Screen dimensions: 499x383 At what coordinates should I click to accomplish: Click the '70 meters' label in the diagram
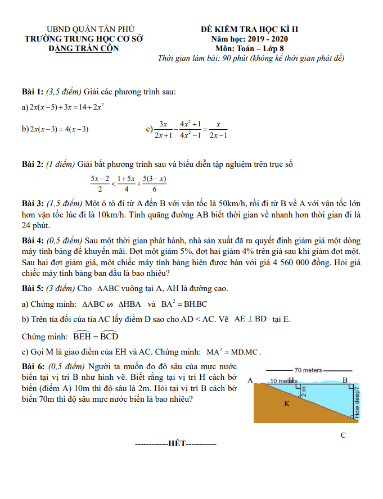[x=308, y=370]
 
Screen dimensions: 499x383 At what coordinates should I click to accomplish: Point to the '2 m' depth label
[x=304, y=391]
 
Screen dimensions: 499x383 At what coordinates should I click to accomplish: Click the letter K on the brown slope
[x=287, y=404]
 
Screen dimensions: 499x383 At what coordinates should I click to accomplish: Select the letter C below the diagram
[x=343, y=435]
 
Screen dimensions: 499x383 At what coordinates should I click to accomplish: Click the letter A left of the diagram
[x=250, y=380]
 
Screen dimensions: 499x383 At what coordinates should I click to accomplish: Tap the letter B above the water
[x=345, y=380]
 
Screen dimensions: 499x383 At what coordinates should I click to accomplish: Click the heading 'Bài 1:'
[x=33, y=92]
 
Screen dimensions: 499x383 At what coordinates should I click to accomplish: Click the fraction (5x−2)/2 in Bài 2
[x=100, y=184]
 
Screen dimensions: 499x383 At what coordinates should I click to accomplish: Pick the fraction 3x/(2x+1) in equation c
[x=163, y=129]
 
